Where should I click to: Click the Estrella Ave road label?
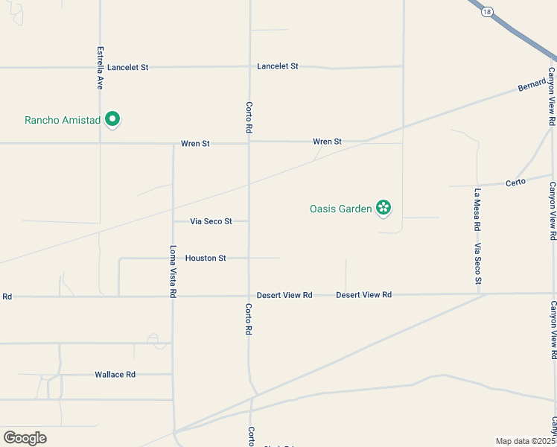[100, 69]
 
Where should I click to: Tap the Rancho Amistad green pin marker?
[112, 119]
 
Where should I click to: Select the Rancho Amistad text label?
[62, 120]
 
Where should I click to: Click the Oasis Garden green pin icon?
[383, 208]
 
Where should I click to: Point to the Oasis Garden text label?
[340, 209]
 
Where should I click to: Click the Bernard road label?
[532, 86]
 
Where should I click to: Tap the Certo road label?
[516, 182]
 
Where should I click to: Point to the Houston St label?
[206, 259]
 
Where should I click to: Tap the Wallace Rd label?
[115, 375]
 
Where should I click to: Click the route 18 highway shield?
[486, 13]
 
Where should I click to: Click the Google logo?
[25, 438]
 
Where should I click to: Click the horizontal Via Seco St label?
[211, 221]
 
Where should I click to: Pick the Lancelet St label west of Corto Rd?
[127, 67]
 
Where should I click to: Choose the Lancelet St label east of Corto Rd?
[278, 66]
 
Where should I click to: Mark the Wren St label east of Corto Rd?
[327, 142]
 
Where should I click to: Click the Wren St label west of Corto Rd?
[195, 143]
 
